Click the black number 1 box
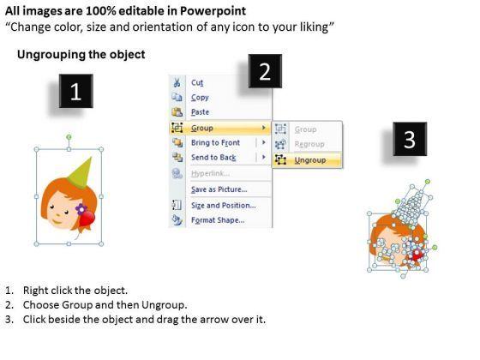(x=76, y=91)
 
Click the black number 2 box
(x=265, y=71)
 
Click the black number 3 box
(x=410, y=139)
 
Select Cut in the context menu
(x=197, y=82)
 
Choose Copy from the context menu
(x=200, y=98)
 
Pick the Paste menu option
(x=200, y=112)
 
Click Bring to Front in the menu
(x=215, y=142)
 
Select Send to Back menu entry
(x=213, y=158)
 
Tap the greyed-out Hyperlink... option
(x=210, y=173)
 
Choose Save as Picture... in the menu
(x=219, y=189)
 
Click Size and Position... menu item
(x=223, y=206)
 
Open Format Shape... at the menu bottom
(x=218, y=220)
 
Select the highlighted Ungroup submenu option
(x=310, y=160)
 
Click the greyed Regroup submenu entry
(x=309, y=144)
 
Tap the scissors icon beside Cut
(x=177, y=82)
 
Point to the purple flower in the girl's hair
(x=81, y=209)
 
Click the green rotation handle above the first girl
(x=69, y=137)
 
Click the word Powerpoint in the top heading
(x=213, y=11)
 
